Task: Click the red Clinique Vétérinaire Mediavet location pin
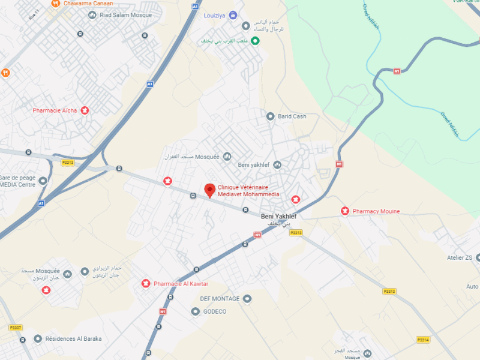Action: (209, 190)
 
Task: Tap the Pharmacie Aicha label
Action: (55, 110)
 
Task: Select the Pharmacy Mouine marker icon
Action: (345, 211)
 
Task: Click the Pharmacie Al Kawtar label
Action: (181, 284)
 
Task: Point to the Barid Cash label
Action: (292, 116)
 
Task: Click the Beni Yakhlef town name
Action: (278, 216)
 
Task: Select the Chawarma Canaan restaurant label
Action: (89, 4)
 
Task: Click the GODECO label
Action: (215, 311)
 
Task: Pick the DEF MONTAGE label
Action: (220, 299)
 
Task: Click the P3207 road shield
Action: (16, 328)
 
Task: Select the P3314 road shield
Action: (423, 340)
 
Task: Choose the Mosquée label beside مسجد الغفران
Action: (208, 157)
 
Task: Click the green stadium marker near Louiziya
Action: (254, 41)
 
